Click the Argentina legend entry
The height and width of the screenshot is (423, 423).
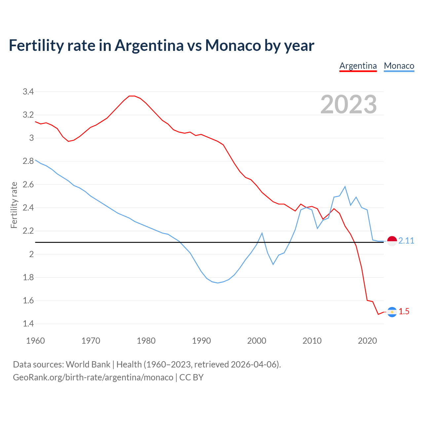(x=358, y=66)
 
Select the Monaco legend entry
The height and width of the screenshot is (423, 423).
(x=399, y=66)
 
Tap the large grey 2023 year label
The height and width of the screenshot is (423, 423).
(x=349, y=104)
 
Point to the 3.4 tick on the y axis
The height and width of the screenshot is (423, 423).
(x=28, y=92)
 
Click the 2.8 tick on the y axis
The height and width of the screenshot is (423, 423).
(x=28, y=161)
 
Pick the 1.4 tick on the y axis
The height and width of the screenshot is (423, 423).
(x=28, y=324)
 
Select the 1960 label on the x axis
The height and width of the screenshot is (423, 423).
(x=35, y=341)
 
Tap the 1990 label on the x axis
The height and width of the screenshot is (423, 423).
(x=201, y=341)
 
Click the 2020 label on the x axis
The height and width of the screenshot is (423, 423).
(x=367, y=341)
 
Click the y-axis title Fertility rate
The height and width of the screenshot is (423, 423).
(x=14, y=205)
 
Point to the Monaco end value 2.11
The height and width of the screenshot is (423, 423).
(x=406, y=241)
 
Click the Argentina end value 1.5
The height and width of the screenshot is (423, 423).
(x=404, y=312)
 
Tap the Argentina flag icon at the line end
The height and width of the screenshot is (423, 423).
(x=392, y=312)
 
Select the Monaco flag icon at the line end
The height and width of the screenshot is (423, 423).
(x=392, y=241)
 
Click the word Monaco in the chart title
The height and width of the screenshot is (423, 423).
(x=233, y=45)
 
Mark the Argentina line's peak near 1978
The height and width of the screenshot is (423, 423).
(x=132, y=96)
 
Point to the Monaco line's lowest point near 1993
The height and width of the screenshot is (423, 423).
(x=218, y=283)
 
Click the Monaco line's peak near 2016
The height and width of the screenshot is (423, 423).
(x=345, y=187)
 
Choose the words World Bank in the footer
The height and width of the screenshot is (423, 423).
(x=88, y=365)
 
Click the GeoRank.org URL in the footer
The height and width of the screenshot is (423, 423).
(x=93, y=377)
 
